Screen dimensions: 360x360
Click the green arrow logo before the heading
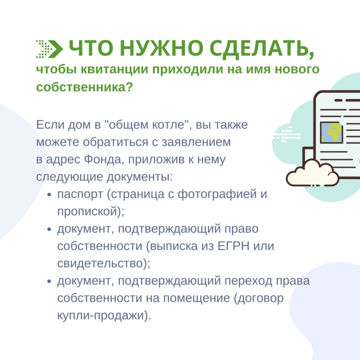49,49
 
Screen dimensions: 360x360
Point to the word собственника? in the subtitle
84,87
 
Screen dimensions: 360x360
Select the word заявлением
196,143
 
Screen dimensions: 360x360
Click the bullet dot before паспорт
49,195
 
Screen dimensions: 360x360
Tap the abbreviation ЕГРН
233,246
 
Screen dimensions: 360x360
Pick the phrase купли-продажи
101,316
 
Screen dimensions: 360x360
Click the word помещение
197,299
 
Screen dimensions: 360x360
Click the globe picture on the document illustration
331,133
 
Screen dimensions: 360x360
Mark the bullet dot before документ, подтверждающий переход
49,282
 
